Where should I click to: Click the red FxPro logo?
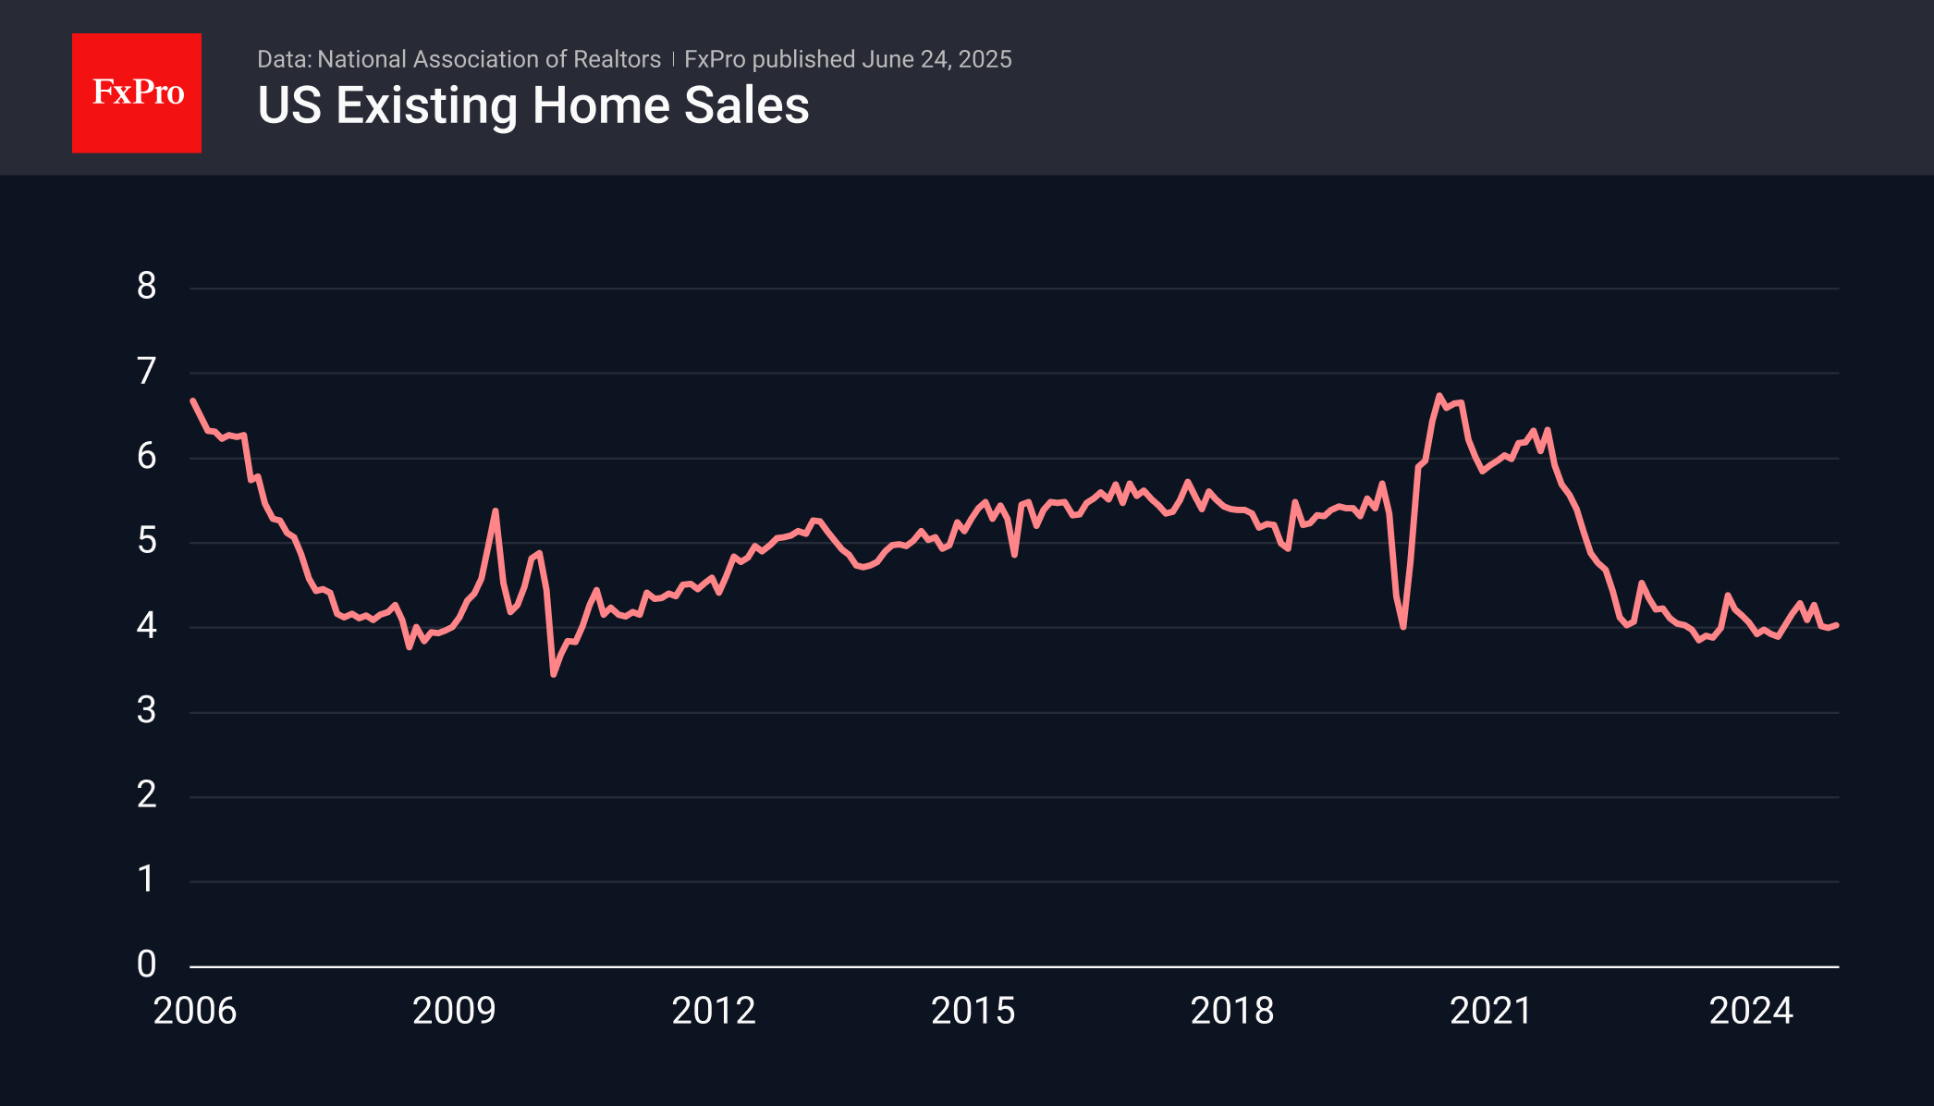tap(137, 92)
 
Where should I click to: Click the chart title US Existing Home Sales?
tap(533, 105)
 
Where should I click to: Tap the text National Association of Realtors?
tap(489, 59)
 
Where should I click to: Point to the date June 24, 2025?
tap(936, 59)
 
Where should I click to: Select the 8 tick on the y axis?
tap(146, 287)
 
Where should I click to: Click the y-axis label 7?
tap(146, 372)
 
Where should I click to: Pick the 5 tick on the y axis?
tap(146, 541)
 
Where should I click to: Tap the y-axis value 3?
tap(146, 711)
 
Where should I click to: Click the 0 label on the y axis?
tap(146, 965)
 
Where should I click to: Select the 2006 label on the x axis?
tap(195, 1011)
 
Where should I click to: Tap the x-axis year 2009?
tap(454, 1011)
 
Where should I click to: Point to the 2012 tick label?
tap(714, 1011)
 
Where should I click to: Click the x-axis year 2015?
tap(973, 1011)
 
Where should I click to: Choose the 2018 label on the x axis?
tap(1232, 1011)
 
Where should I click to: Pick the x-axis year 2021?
tap(1491, 1011)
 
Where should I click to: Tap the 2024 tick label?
tap(1751, 1011)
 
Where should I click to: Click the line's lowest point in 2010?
tap(553, 675)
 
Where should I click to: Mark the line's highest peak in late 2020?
tap(1439, 395)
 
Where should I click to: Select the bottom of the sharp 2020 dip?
tap(1403, 627)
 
